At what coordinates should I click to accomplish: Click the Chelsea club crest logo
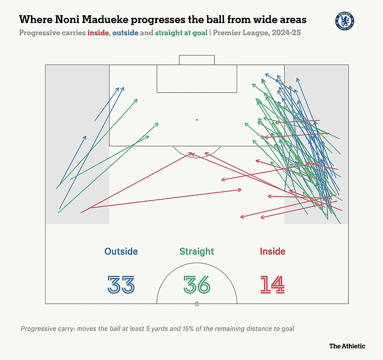pyautogui.click(x=344, y=21)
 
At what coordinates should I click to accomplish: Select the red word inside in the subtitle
pyautogui.click(x=94, y=32)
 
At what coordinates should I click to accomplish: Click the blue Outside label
pyautogui.click(x=121, y=252)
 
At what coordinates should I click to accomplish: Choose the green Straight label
pyautogui.click(x=197, y=252)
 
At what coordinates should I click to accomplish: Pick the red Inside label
pyautogui.click(x=272, y=252)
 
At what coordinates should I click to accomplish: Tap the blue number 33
pyautogui.click(x=121, y=284)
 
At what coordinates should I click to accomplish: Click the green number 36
pyautogui.click(x=197, y=284)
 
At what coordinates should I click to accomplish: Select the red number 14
pyautogui.click(x=272, y=284)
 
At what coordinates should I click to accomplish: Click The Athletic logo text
pyautogui.click(x=347, y=346)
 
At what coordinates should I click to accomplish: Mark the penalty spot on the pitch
pyautogui.click(x=197, y=120)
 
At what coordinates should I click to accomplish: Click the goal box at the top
pyautogui.click(x=197, y=60)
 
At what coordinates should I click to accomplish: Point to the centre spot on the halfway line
pyautogui.click(x=197, y=303)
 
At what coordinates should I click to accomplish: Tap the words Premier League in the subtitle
pyautogui.click(x=237, y=32)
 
